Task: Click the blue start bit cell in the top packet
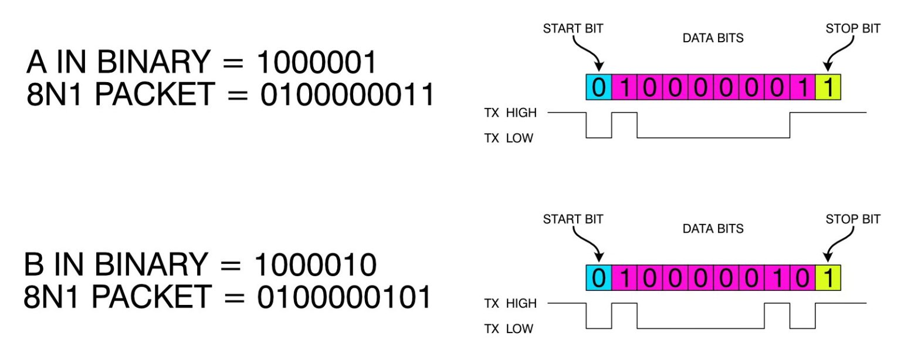[598, 87]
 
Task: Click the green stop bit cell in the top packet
[828, 87]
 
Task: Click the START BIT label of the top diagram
[573, 28]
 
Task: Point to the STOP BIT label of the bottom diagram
[852, 219]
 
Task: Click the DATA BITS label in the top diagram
[713, 38]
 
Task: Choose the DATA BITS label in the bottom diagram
[713, 229]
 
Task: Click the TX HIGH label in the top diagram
[509, 113]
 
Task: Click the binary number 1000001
[316, 63]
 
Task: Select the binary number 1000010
[315, 266]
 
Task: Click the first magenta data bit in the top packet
[624, 87]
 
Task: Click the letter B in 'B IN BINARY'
[35, 266]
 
